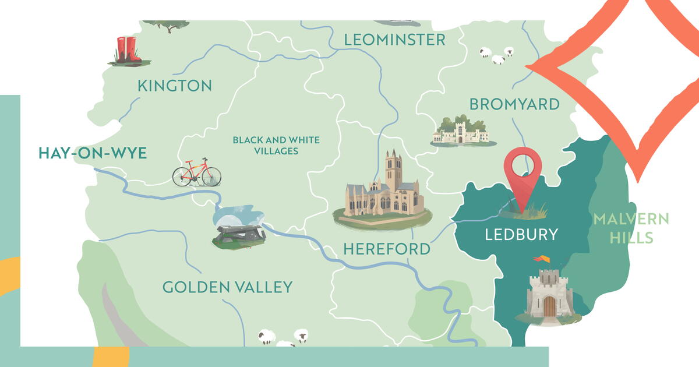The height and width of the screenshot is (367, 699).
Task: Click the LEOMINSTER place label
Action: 394,40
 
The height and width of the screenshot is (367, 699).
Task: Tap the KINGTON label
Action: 174,86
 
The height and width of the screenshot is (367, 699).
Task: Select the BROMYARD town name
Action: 514,104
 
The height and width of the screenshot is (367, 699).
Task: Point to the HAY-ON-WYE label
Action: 93,153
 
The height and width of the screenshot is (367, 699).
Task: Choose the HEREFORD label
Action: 387,249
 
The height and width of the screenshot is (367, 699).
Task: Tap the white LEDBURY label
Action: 521,234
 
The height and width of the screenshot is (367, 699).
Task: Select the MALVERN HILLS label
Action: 631,228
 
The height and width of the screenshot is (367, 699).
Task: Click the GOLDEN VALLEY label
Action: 227,287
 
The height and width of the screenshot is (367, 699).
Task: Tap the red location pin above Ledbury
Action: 523,169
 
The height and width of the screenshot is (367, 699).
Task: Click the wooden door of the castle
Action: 549,305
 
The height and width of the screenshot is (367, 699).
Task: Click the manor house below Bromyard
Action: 461,131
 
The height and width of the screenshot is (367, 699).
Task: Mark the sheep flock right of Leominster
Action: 497,55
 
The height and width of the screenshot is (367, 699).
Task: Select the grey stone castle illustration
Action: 549,294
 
